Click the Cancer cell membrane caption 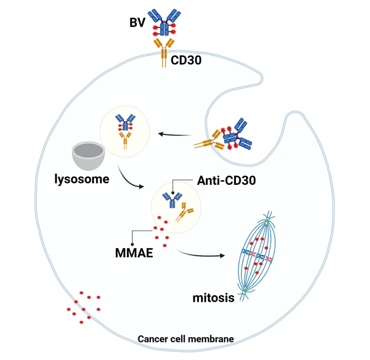186,339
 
